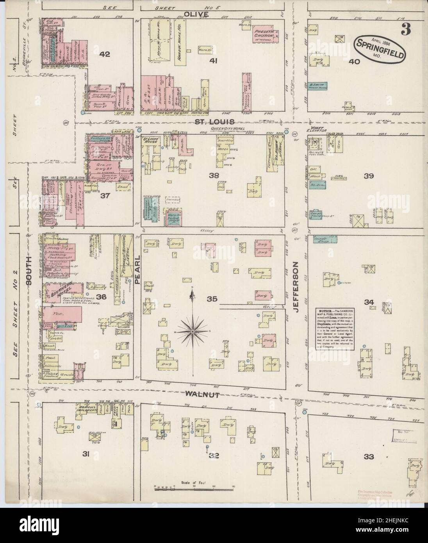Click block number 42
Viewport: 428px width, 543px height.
click(104, 55)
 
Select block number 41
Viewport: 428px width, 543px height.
click(213, 61)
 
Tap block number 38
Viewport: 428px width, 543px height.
click(214, 175)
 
